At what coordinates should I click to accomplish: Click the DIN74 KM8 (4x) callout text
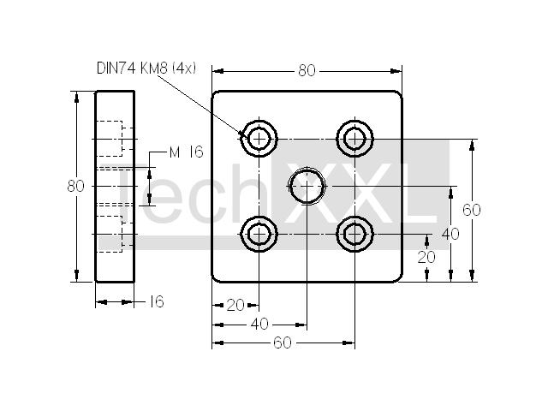(146, 68)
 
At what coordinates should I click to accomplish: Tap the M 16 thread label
(186, 152)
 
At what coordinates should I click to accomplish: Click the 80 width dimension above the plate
(307, 70)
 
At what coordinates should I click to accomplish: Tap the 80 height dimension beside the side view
(76, 186)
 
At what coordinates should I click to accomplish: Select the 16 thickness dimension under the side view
(157, 301)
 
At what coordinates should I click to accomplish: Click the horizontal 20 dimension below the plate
(235, 306)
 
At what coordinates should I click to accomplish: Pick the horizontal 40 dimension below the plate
(259, 324)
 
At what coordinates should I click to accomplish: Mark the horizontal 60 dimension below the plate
(283, 342)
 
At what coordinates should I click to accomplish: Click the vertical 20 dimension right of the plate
(426, 257)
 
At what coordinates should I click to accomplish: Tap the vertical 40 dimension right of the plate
(450, 234)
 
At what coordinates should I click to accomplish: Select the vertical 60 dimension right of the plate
(472, 210)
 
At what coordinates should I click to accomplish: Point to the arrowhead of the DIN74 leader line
(243, 134)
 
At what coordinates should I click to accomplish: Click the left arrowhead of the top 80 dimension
(217, 71)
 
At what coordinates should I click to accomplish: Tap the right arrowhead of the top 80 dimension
(396, 71)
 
